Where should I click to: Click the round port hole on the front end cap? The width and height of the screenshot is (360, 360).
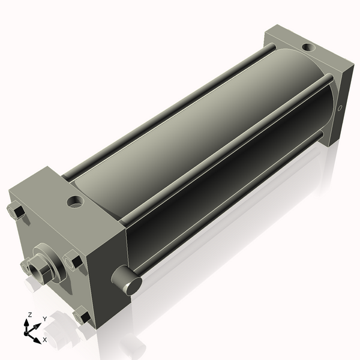[75, 202]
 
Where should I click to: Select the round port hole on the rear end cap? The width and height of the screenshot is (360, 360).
[308, 47]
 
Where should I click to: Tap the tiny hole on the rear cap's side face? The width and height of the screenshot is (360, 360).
[340, 108]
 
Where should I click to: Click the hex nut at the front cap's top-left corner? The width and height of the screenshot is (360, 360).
[16, 211]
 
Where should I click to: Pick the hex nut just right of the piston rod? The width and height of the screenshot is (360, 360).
[73, 260]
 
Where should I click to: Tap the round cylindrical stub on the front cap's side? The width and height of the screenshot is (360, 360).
[127, 280]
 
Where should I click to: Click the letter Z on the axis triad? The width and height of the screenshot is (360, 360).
[29, 315]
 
